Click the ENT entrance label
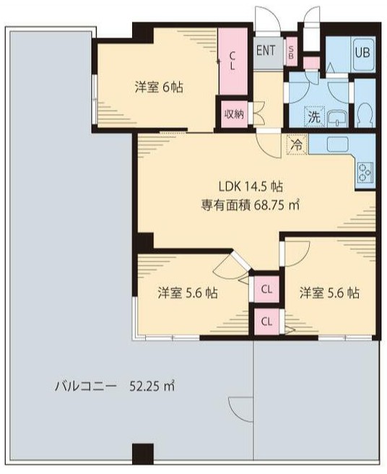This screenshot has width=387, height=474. point(266,51)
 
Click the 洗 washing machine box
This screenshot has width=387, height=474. point(315,116)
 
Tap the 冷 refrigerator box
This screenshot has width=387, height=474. point(296,144)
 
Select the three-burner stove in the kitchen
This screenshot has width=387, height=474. point(364,172)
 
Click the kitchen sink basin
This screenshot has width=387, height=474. point(339,144)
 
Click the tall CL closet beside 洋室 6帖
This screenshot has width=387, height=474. point(232,61)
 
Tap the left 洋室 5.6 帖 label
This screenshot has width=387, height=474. point(188,293)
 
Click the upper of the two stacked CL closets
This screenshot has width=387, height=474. point(266,290)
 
